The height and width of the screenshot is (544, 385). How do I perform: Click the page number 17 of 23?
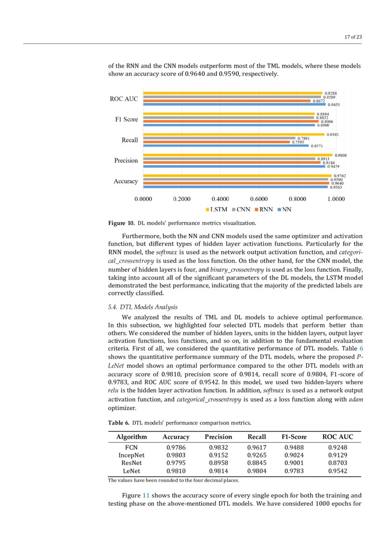coord(353,37)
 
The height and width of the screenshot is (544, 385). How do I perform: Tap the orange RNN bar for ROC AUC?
coord(227,101)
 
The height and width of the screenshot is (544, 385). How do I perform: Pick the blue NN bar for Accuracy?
coord(235,187)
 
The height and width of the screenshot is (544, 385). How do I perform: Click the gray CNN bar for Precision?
coord(229,159)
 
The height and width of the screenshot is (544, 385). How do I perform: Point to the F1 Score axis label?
coord(127,120)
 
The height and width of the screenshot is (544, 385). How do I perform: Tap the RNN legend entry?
coord(263,209)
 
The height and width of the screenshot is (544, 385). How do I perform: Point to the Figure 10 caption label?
coord(121,223)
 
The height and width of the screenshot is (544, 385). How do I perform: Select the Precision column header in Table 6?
coord(218,437)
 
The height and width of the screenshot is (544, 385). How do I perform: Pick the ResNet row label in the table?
coord(131,463)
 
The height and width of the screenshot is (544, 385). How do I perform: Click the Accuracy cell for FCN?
coord(176,447)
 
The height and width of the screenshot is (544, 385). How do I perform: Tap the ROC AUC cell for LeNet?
coord(338,471)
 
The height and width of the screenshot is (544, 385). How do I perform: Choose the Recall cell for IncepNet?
coord(257,455)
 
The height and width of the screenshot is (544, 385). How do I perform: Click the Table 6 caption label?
coord(119,423)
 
